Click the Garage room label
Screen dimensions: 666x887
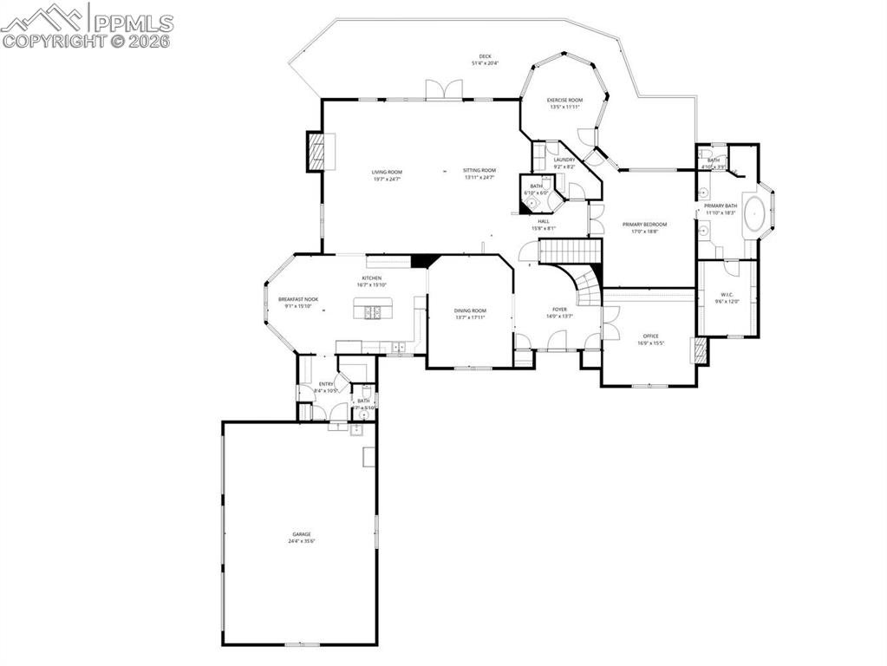tap(301, 534)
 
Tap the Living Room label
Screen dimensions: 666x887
tap(387, 171)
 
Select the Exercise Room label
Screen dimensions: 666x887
tap(564, 101)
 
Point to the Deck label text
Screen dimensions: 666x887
tap(485, 56)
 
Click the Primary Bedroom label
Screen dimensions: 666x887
tap(644, 225)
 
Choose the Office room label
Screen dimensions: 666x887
tap(650, 336)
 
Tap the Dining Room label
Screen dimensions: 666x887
tap(470, 310)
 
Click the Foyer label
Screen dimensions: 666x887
tap(559, 309)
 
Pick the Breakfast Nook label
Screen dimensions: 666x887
tap(298, 299)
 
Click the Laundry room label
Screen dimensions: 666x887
tap(564, 160)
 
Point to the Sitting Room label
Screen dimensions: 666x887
tap(479, 171)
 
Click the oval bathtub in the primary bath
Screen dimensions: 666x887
tap(755, 212)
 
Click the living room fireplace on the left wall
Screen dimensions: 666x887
tap(316, 152)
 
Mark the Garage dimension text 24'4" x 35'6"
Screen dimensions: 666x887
tap(301, 541)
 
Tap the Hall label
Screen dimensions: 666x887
tap(543, 221)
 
